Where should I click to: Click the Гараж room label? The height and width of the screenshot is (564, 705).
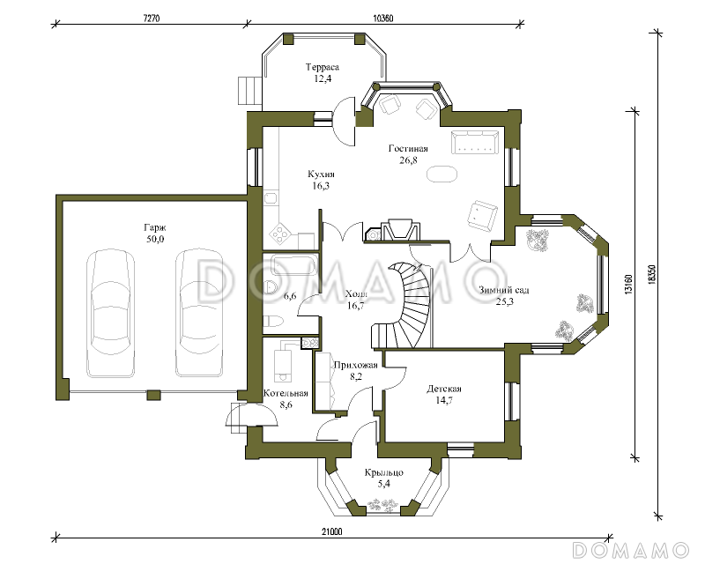pyautogui.click(x=155, y=227)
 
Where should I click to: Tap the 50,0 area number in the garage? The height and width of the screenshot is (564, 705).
pyautogui.click(x=155, y=239)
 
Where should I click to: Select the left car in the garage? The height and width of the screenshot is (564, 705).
pyautogui.click(x=111, y=314)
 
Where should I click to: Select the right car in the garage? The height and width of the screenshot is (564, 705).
pyautogui.click(x=199, y=314)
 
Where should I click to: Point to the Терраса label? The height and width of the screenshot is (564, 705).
pyautogui.click(x=323, y=67)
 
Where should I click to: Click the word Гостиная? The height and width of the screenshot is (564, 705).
pyautogui.click(x=408, y=148)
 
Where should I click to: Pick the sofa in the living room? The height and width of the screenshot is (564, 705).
pyautogui.click(x=475, y=142)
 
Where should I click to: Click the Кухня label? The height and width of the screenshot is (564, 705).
pyautogui.click(x=321, y=174)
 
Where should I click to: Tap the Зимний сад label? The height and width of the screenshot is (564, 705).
pyautogui.click(x=503, y=290)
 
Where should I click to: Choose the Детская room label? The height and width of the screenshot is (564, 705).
pyautogui.click(x=444, y=389)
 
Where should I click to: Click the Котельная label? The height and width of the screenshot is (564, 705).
pyautogui.click(x=286, y=393)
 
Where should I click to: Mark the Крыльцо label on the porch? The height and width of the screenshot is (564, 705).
pyautogui.click(x=384, y=472)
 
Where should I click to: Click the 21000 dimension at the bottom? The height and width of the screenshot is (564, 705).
pyautogui.click(x=332, y=531)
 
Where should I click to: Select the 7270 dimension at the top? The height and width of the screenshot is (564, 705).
pyautogui.click(x=152, y=19)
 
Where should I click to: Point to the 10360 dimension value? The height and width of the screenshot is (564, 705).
pyautogui.click(x=383, y=19)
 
